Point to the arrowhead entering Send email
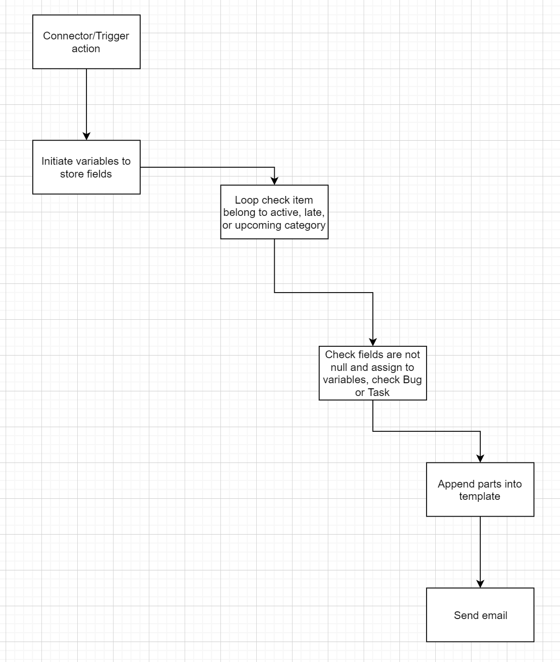(480, 584)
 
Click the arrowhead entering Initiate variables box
(86, 136)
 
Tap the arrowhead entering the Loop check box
(275, 181)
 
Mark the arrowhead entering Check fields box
(373, 342)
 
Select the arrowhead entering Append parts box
(480, 458)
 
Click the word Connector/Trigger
(86, 36)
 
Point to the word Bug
(412, 380)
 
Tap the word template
(480, 496)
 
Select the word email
(495, 615)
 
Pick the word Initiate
(57, 161)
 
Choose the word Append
(456, 484)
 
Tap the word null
(339, 367)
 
